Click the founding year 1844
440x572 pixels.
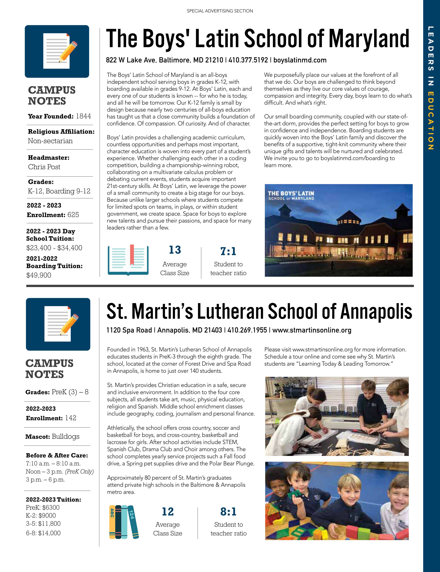pyautogui.click(x=83, y=116)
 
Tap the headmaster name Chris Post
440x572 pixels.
pyautogui.click(x=44, y=167)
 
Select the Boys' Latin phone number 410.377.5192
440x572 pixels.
pyautogui.click(x=248, y=60)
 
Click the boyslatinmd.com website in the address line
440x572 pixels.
pyautogui.click(x=300, y=60)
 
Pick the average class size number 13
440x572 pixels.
pyautogui.click(x=175, y=250)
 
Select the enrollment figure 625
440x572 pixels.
pyautogui.click(x=73, y=215)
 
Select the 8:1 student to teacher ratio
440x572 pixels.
pyautogui.click(x=228, y=512)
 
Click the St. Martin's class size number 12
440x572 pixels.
pyautogui.click(x=168, y=512)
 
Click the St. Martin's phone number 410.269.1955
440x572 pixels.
pyautogui.click(x=247, y=330)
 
